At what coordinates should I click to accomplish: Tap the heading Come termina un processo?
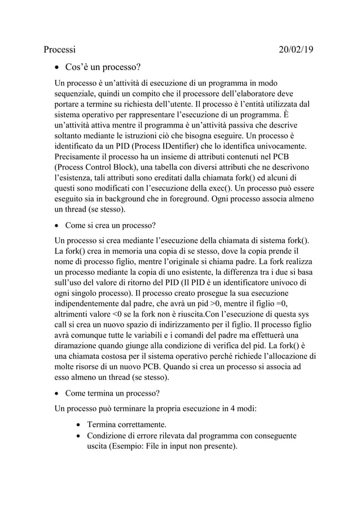click(112, 392)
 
